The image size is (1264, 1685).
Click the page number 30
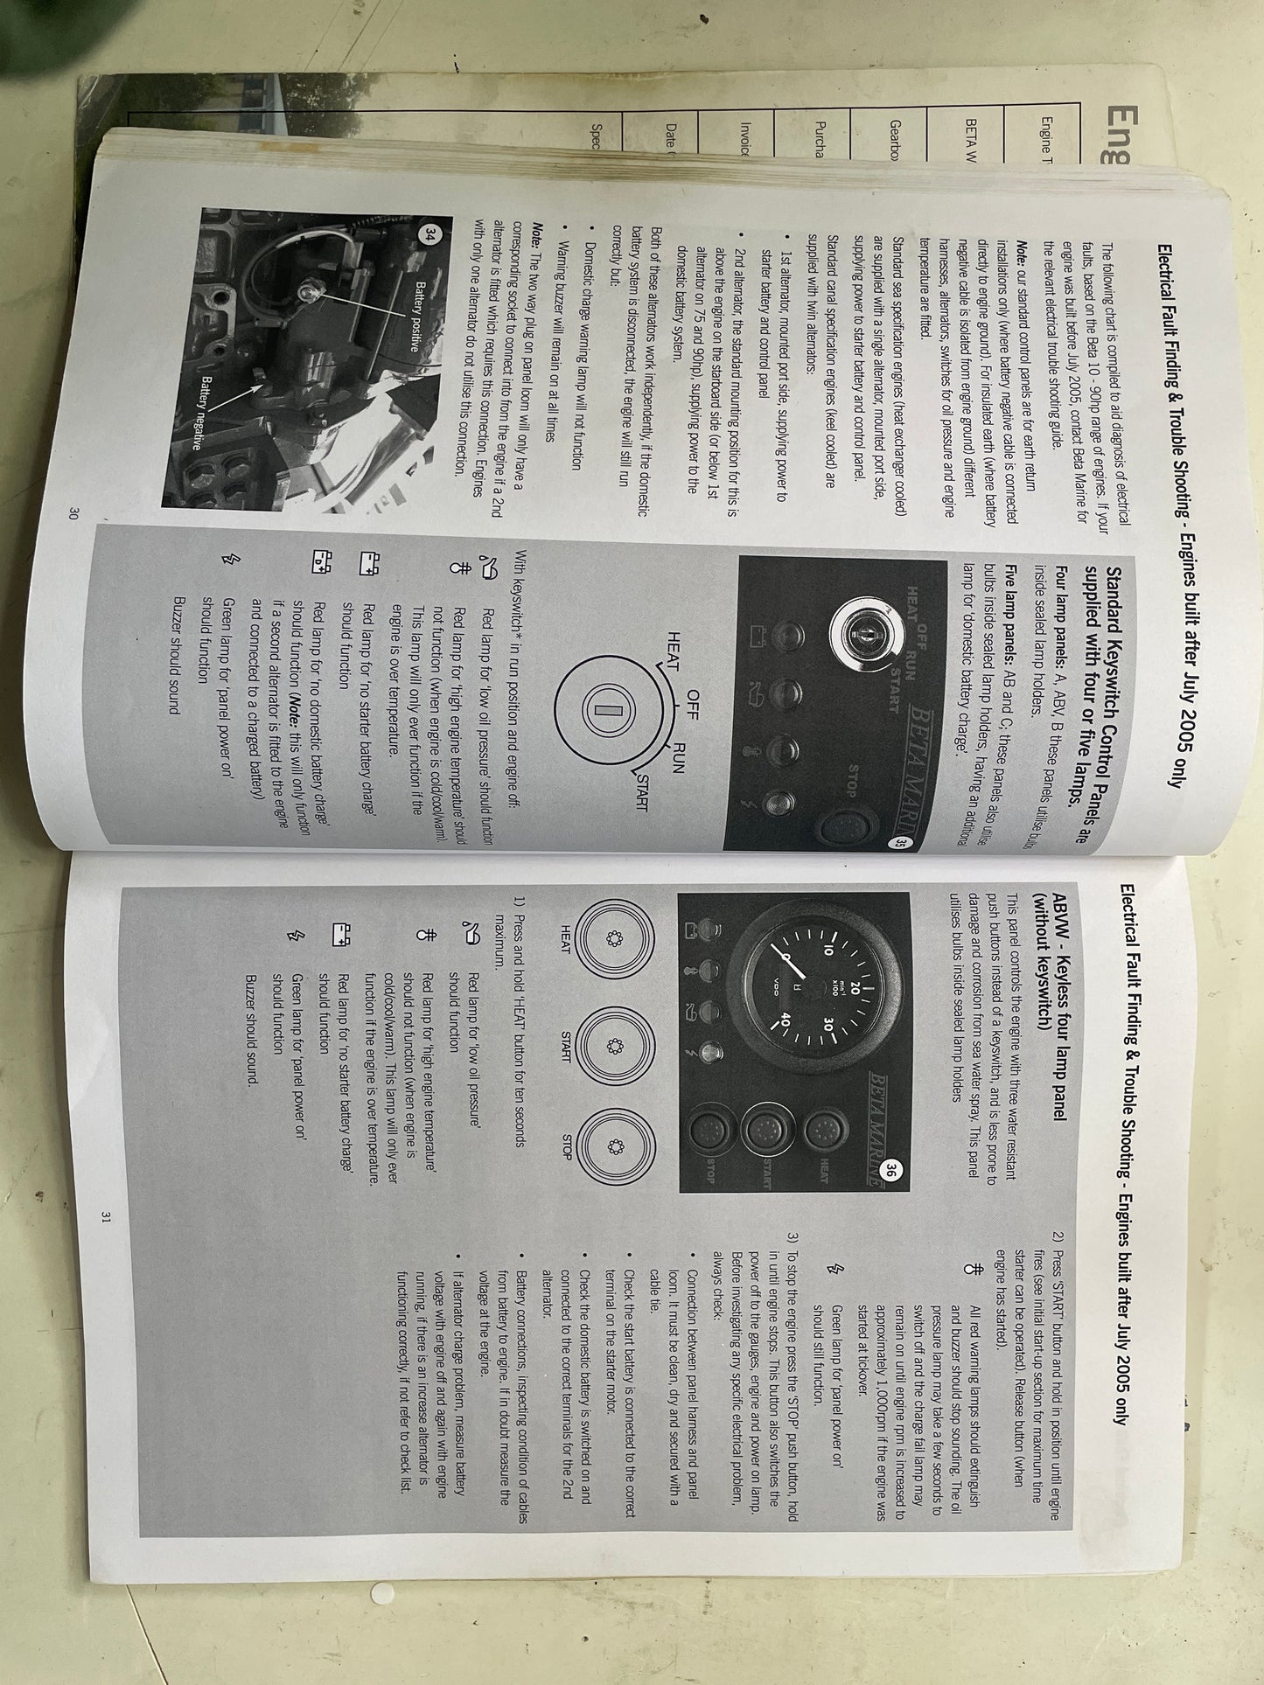click(73, 514)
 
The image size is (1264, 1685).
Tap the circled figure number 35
click(899, 843)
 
